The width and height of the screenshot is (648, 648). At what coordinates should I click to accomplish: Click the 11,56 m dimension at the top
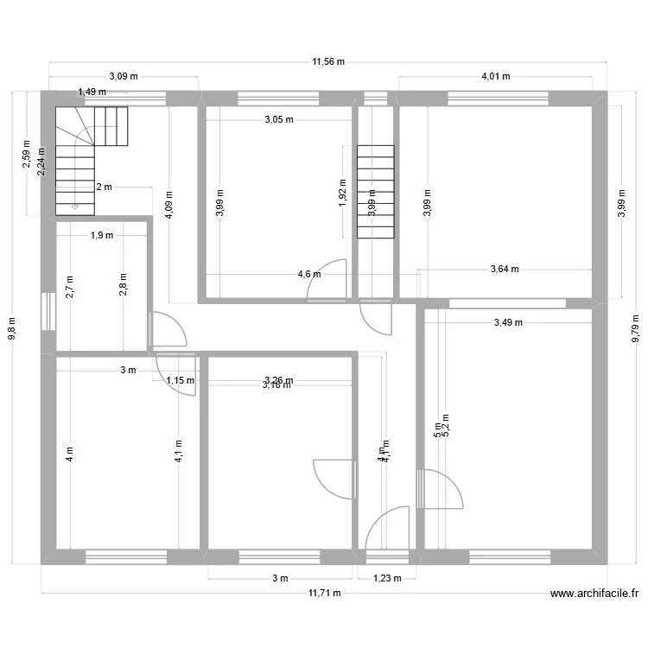328,61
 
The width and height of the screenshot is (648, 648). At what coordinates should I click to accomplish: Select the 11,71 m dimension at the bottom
324,593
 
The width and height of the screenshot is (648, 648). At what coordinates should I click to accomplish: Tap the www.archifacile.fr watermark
594,594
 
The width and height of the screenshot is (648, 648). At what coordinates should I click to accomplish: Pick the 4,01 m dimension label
495,76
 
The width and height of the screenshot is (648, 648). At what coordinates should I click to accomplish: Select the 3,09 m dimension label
123,76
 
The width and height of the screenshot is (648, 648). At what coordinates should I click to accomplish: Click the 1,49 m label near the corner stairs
92,92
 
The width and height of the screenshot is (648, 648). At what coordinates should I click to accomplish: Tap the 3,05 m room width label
278,120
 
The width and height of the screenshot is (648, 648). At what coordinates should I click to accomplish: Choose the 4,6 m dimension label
309,275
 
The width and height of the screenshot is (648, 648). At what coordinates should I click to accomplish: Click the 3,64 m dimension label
504,269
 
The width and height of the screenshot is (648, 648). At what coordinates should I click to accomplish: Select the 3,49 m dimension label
508,323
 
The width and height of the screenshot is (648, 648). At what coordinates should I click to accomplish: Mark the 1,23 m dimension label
386,579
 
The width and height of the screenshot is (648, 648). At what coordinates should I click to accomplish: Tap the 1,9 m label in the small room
102,235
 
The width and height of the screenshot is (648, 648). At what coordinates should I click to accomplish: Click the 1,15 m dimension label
180,379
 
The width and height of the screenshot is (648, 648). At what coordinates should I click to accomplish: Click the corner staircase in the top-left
86,156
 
